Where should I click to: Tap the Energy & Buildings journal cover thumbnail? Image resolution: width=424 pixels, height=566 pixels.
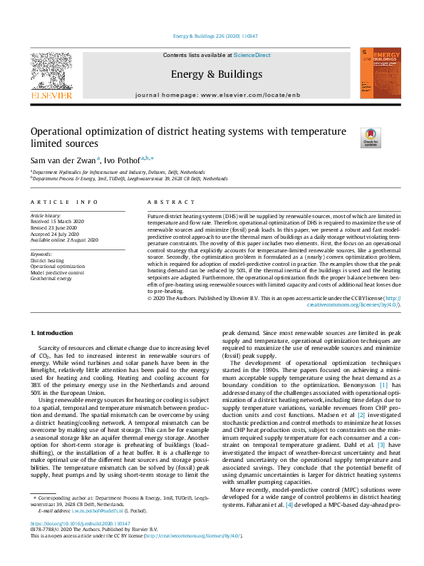tap(376, 73)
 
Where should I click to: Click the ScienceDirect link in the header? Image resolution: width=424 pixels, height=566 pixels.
tap(252, 55)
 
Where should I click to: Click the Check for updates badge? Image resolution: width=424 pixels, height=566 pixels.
tap(351, 138)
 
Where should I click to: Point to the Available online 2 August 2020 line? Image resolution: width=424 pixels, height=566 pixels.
tap(64, 240)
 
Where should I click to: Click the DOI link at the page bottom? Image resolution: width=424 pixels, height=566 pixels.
tap(80, 542)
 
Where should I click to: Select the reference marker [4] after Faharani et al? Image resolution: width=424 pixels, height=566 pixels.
tap(289, 525)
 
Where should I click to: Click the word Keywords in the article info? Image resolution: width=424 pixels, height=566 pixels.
tap(41, 254)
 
